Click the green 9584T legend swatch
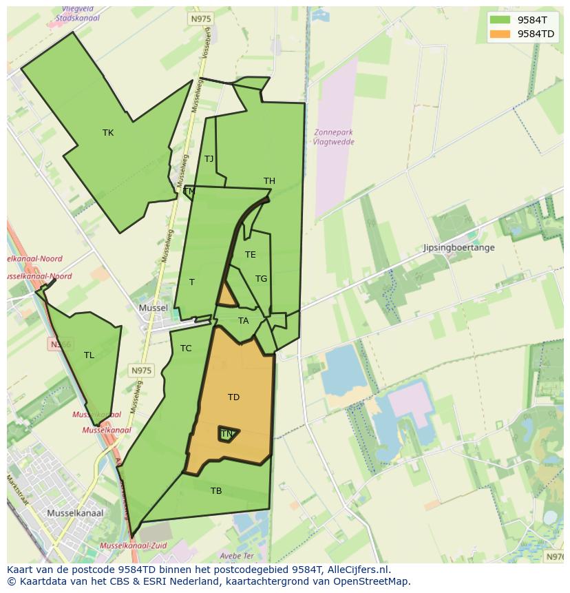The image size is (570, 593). click(500, 20)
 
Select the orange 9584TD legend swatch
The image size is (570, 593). click(500, 34)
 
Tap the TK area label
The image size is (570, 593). click(108, 133)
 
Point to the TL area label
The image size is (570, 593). click(89, 355)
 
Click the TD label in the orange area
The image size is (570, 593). click(233, 397)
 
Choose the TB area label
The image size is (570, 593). click(216, 491)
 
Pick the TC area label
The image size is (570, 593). click(186, 348)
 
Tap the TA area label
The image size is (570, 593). click(243, 321)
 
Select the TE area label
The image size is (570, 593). click(250, 255)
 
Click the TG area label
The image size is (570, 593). click(261, 279)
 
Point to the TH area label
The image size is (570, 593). click(269, 181)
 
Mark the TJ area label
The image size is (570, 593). click(209, 159)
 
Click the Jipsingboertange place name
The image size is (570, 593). click(458, 248)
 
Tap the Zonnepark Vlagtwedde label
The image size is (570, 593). click(333, 137)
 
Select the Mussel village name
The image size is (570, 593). click(153, 308)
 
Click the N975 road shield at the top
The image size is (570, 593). click(201, 19)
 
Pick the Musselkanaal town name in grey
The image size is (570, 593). click(75, 513)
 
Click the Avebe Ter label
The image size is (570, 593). click(237, 556)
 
